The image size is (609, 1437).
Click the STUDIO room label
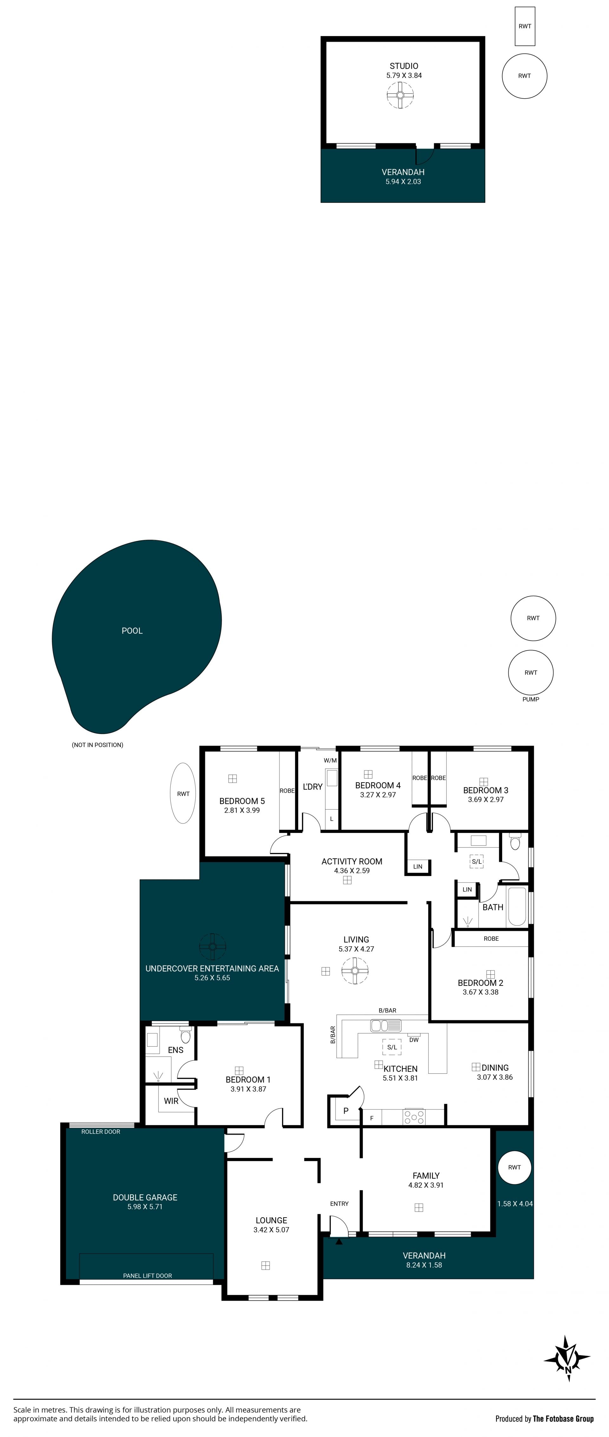pos(403,66)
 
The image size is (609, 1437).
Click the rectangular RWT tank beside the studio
pos(525,26)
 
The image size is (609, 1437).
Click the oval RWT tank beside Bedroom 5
pos(183,793)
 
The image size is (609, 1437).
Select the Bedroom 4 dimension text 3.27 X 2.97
pos(378,795)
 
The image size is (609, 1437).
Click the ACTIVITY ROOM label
pos(352,861)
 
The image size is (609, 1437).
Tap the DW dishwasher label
pos(414,1040)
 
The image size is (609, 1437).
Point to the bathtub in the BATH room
pos(517,907)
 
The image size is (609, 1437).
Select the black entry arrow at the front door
pos(339,1237)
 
